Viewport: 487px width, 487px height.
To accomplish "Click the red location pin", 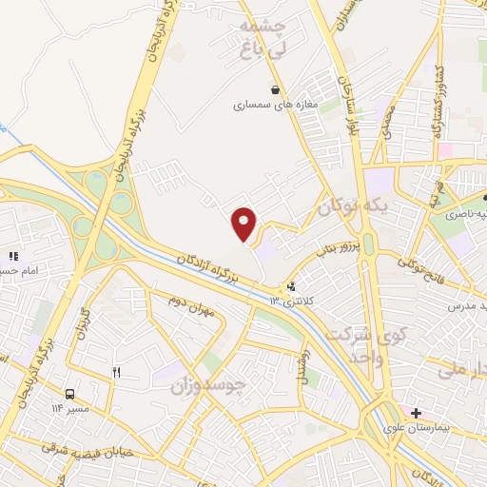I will pos(245,224).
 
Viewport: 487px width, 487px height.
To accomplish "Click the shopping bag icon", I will pos(276,89).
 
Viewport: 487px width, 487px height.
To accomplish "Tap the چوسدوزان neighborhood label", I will pos(208,387).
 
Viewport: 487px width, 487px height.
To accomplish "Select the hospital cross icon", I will pos(416,412).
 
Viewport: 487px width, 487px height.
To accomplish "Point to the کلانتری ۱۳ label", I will pos(289,302).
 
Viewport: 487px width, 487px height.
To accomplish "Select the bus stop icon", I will pos(70,394).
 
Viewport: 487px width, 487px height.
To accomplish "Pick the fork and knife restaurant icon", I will pos(117,373).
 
